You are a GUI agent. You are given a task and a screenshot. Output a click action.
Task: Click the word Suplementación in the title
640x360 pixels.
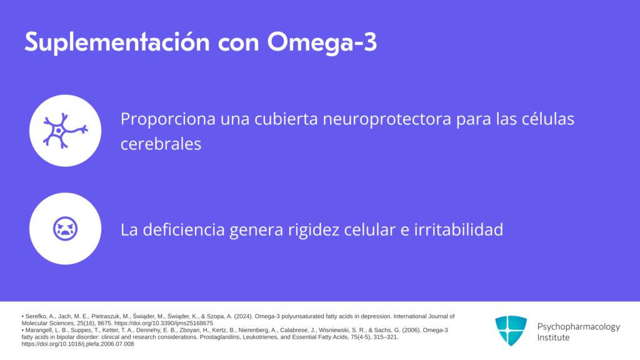[117, 42]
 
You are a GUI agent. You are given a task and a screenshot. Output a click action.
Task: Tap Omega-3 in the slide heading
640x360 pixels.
[322, 42]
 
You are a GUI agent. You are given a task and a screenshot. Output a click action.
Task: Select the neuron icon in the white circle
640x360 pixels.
[65, 131]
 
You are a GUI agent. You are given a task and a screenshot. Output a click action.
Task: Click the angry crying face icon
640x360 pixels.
[65, 229]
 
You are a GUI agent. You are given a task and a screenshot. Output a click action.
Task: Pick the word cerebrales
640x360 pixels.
[161, 144]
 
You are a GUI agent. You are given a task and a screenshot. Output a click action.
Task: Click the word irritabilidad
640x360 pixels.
[459, 229]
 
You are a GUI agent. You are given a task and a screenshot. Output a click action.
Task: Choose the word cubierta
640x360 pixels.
[286, 119]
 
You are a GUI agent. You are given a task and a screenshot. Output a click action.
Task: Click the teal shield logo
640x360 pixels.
[511, 331]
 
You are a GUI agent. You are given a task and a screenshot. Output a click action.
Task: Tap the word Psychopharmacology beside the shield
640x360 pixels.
[578, 326]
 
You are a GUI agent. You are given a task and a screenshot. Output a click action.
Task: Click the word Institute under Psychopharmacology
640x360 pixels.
[553, 337]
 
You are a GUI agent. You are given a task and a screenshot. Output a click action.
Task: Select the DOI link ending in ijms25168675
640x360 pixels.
[164, 323]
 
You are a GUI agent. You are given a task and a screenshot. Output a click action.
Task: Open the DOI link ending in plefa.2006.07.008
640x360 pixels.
[77, 344]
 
